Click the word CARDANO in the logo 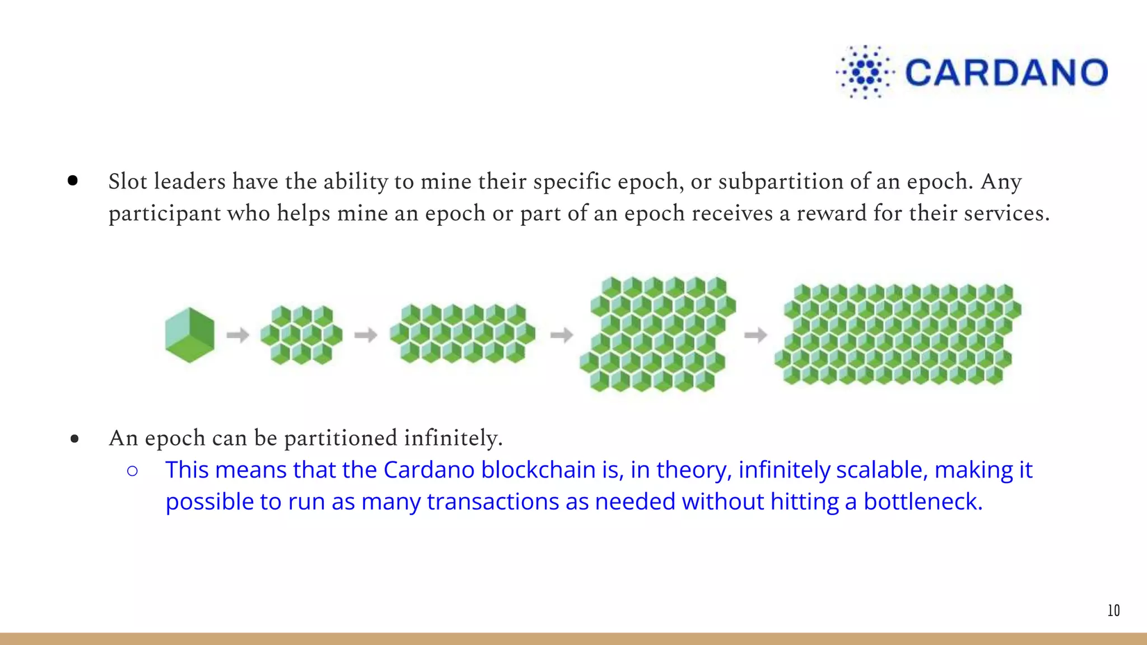pos(1007,72)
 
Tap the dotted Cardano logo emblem pos(865,72)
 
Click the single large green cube pos(190,335)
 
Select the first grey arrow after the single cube pos(238,335)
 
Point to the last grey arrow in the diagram pos(756,335)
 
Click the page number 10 pos(1114,610)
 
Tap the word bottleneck pos(923,501)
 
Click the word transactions pos(493,501)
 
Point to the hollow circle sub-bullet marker pos(132,471)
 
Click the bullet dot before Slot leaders pos(73,180)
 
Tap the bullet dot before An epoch pos(75,439)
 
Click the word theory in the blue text pos(694,471)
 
